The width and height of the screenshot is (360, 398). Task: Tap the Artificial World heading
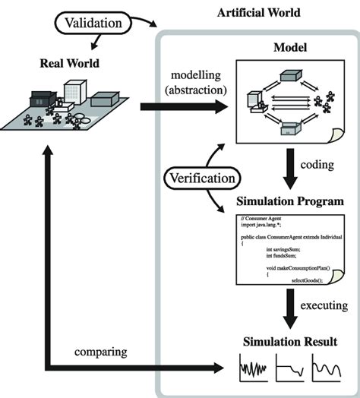(258, 13)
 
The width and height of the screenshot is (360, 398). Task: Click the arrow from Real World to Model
(182, 109)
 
